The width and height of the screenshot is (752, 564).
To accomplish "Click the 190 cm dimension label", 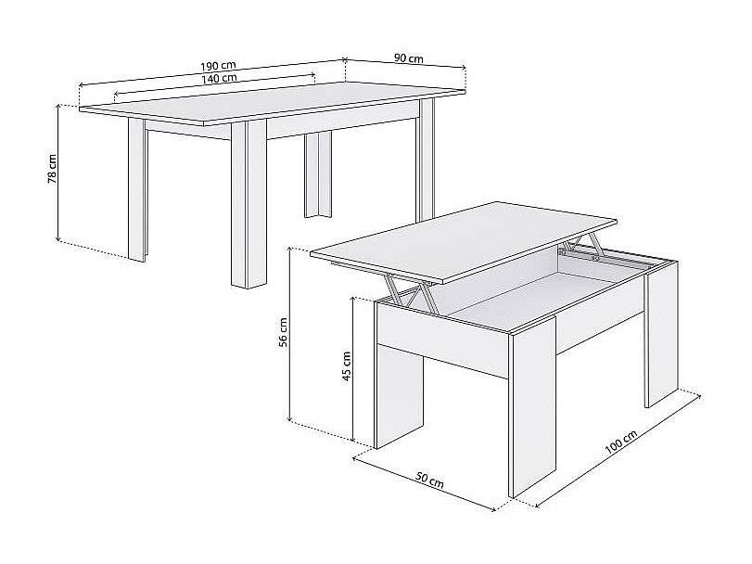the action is [218, 65].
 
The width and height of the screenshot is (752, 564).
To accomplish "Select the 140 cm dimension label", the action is [219, 78].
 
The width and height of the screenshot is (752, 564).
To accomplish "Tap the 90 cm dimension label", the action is [409, 58].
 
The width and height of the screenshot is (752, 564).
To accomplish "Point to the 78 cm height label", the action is [52, 169].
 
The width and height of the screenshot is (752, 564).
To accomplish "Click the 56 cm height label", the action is [283, 332].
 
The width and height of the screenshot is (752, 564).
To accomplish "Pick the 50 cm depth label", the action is [429, 481].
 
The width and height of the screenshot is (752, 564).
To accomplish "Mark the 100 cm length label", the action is [620, 442].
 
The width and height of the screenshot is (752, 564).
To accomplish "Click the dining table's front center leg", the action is [249, 204].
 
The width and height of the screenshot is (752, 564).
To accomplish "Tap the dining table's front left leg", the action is [137, 190].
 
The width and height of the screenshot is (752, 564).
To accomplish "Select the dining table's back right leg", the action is [427, 159].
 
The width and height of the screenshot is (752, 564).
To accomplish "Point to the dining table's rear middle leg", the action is [317, 175].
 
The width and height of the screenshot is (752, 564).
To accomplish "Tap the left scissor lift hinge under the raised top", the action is [408, 290].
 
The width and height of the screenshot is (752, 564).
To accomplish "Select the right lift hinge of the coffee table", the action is [581, 247].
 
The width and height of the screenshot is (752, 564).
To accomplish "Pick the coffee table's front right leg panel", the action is [532, 407].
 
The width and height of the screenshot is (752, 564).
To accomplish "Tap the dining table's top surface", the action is [273, 103].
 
